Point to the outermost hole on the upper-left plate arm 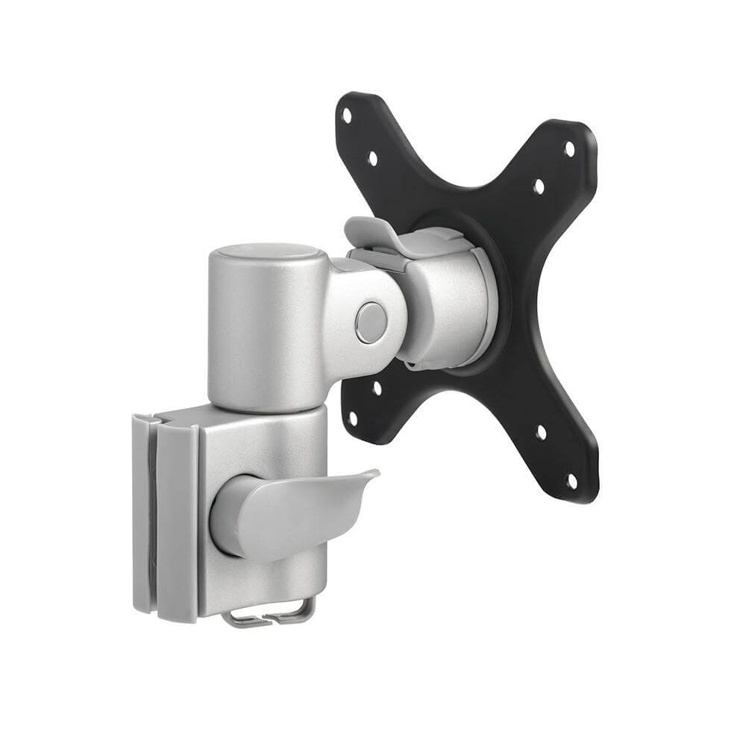(346, 116)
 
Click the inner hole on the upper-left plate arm (372, 158)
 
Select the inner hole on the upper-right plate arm (539, 186)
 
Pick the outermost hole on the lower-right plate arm (571, 481)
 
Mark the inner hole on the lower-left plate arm (377, 388)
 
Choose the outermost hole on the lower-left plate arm (354, 428)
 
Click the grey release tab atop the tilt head (373, 231)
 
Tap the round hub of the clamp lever (231, 515)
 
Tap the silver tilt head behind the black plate (448, 306)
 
